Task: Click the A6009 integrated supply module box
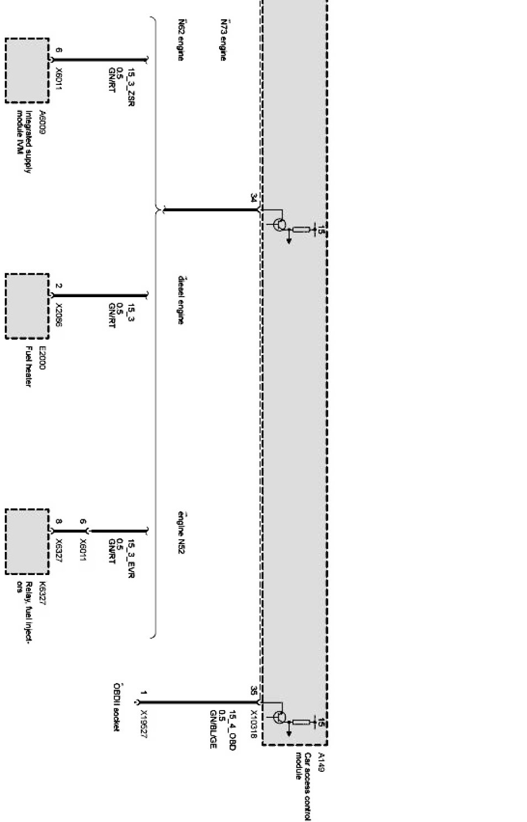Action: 27,70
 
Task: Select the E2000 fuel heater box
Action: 27,305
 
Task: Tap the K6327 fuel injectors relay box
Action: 27,541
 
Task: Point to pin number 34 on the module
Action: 253,198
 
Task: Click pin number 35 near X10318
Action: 253,691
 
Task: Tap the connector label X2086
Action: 59,315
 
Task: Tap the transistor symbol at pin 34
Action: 280,225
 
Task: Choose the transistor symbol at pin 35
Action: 280,717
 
